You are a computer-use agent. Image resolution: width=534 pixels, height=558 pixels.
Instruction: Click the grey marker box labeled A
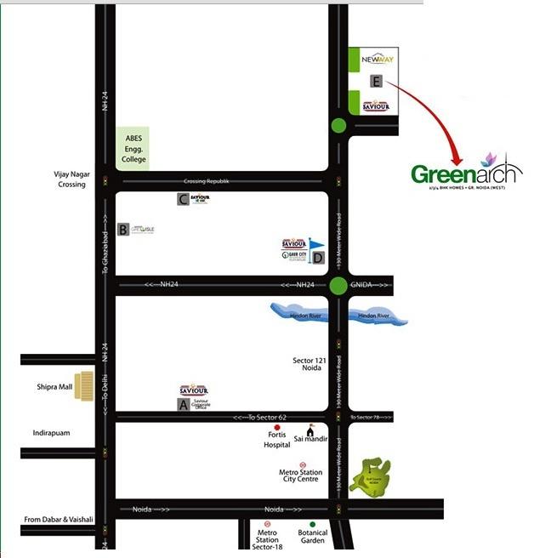click(183, 406)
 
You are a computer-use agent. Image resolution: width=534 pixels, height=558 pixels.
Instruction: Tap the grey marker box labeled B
click(123, 230)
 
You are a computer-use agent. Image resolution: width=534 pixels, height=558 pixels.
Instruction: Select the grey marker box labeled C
click(183, 200)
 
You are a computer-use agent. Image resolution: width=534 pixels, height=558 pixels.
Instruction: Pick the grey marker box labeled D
click(317, 257)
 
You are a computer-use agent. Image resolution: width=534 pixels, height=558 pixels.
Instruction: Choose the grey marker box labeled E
click(376, 81)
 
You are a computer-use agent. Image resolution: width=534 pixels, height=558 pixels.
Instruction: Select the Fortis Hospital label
click(276, 440)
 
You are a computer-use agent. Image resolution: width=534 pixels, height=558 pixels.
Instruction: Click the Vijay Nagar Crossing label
click(71, 179)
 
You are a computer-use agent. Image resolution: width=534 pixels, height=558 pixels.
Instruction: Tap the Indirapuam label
click(51, 433)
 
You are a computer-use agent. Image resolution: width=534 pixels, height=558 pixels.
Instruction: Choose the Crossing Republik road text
click(207, 182)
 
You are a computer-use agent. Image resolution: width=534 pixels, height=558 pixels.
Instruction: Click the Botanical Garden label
click(312, 536)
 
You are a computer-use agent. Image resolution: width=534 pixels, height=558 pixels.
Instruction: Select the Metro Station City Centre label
click(301, 475)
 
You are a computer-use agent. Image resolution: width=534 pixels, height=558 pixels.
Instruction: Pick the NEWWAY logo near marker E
click(375, 60)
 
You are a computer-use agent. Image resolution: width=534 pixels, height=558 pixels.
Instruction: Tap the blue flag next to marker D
click(315, 244)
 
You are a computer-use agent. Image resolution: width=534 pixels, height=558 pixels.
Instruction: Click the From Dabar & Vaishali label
click(58, 519)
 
